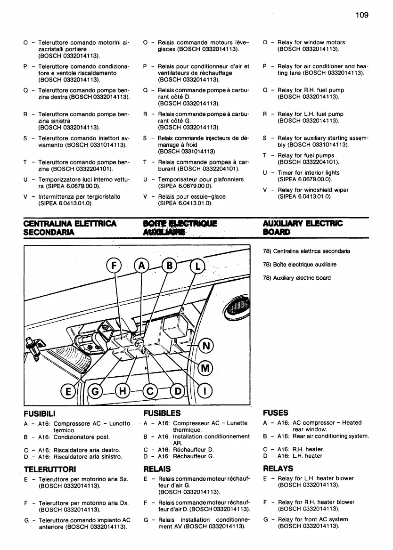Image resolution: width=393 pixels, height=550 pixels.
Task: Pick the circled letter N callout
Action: [205, 347]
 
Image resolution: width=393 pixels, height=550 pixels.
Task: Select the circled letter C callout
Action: [150, 390]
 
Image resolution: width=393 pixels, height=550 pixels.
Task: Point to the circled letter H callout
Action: [123, 390]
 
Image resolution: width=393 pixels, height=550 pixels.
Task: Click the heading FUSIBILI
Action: [40, 413]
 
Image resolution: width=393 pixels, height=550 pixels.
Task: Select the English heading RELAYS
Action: [278, 469]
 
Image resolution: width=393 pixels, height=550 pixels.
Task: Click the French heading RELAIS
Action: [156, 469]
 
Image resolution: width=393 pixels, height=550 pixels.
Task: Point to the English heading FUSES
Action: [276, 412]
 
